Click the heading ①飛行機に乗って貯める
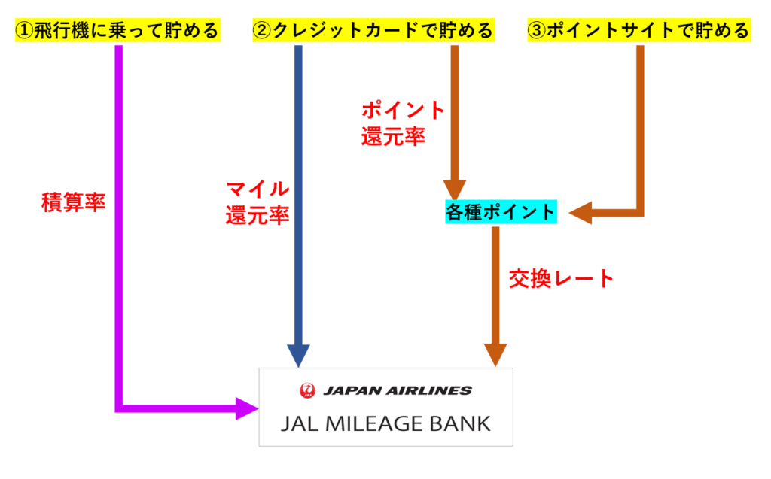117,30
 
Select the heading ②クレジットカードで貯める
373,30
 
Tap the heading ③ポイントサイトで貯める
638,30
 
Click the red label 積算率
73,203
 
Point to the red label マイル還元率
258,202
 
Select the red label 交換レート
561,279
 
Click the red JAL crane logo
307,390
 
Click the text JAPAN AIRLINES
397,390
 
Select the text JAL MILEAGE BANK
385,423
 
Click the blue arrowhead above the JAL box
298,354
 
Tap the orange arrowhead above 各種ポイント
456,189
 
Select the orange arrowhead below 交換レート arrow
495,353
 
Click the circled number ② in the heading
261,30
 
